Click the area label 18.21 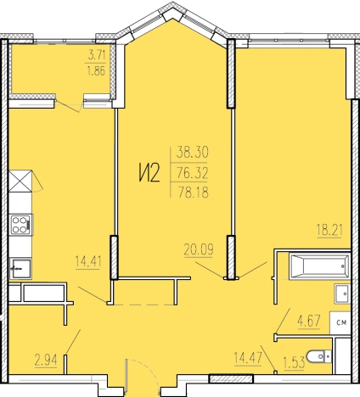(x=329, y=230)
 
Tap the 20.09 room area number (x=199, y=249)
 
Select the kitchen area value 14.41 (x=88, y=261)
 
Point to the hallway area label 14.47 (x=248, y=358)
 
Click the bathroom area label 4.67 (x=309, y=322)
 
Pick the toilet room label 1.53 (x=294, y=362)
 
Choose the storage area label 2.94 (x=46, y=361)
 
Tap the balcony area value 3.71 (x=97, y=55)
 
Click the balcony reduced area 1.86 (x=96, y=70)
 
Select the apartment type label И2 (x=149, y=173)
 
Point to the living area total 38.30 (x=193, y=152)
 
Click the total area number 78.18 (x=193, y=193)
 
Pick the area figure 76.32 (x=193, y=172)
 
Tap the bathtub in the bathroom (x=319, y=266)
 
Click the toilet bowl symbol (x=319, y=357)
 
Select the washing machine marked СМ (x=340, y=322)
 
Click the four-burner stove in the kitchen (x=21, y=225)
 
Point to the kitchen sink (x=20, y=268)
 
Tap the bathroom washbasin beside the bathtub (x=342, y=294)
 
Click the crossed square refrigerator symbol (x=20, y=181)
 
